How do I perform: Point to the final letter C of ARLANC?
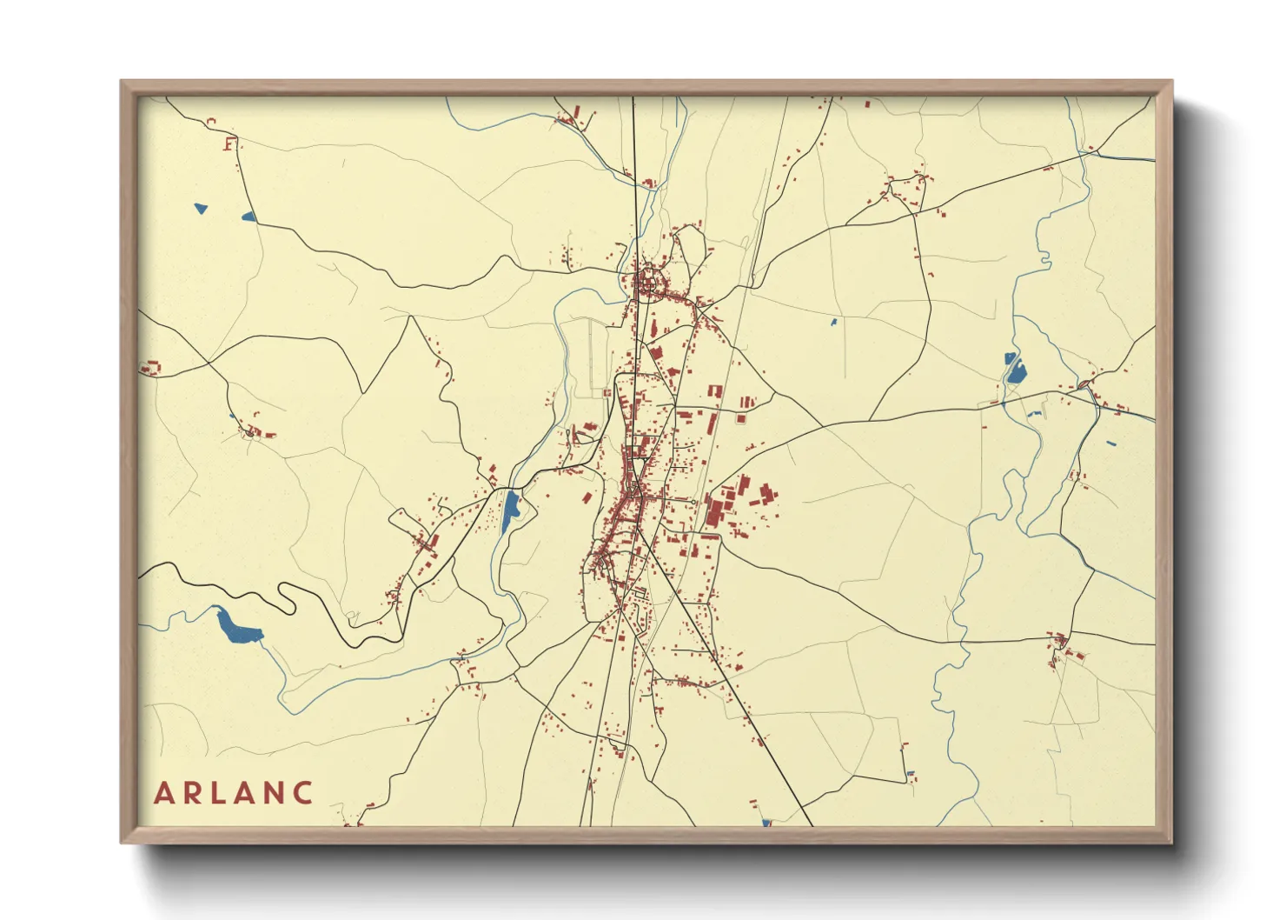302,793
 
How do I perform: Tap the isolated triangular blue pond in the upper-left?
201,209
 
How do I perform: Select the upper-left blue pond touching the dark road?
249,217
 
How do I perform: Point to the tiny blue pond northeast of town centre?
833,323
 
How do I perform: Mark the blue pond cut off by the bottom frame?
766,821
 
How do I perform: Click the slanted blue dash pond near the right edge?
1111,444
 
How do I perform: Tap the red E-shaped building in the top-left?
229,143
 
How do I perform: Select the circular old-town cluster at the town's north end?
648,283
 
